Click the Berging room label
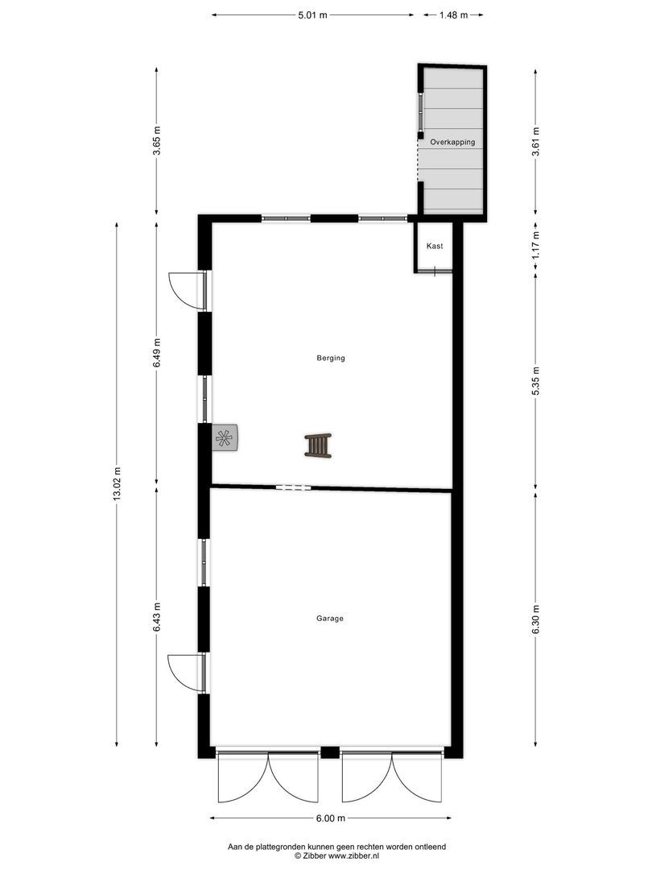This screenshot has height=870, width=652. (x=331, y=358)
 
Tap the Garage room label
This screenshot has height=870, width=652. (x=330, y=619)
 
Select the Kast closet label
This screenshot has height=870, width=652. (x=435, y=246)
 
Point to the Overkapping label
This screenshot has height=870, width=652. (x=452, y=142)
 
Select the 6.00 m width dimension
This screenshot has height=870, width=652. (x=330, y=818)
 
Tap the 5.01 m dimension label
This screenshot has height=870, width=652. (x=313, y=14)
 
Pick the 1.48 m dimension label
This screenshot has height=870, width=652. (x=453, y=14)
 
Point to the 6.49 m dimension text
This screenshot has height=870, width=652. (x=157, y=352)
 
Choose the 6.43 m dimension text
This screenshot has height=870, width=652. (x=157, y=616)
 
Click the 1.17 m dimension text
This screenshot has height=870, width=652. (x=536, y=244)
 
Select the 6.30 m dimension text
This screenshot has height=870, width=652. (x=536, y=619)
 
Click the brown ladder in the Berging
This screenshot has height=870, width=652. (x=318, y=445)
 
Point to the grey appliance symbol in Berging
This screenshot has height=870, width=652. (x=225, y=437)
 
